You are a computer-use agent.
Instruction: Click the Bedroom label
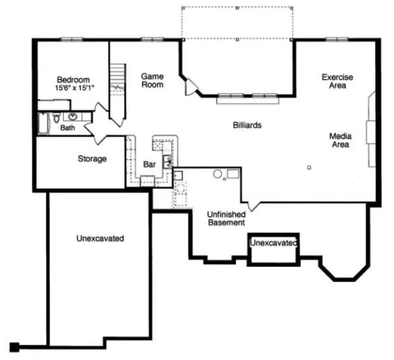pos(73,80)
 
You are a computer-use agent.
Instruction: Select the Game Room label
pos(152,80)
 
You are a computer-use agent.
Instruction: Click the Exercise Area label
pos(337,81)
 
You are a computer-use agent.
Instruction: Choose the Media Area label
pos(340,140)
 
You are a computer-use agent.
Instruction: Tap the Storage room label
pos(92,159)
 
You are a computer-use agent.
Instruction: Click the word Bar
pos(150,163)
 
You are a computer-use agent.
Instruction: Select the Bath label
pos(67,128)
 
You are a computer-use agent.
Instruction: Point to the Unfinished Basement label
pos(226,218)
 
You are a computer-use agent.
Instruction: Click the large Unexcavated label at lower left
pos(100,238)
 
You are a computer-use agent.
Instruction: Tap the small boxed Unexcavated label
pos(274,243)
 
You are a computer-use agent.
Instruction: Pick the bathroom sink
pos(73,116)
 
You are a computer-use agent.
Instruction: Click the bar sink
pos(168,159)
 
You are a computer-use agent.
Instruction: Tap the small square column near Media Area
pos(309,167)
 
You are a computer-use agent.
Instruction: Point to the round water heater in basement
pos(217,174)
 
